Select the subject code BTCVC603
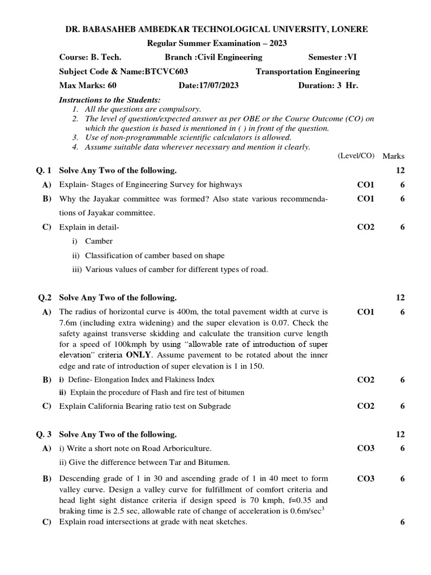[x=167, y=71]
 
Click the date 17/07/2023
[x=217, y=85]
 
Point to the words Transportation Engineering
[x=308, y=71]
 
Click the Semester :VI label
[x=332, y=57]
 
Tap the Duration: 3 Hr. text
[x=328, y=85]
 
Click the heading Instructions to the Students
[x=109, y=99]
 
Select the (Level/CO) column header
[x=356, y=156]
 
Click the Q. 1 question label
[x=43, y=170]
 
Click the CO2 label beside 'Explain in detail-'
[x=366, y=227]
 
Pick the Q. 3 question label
[x=43, y=434]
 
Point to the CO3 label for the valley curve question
[x=366, y=478]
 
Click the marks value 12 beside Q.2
[x=400, y=298]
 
